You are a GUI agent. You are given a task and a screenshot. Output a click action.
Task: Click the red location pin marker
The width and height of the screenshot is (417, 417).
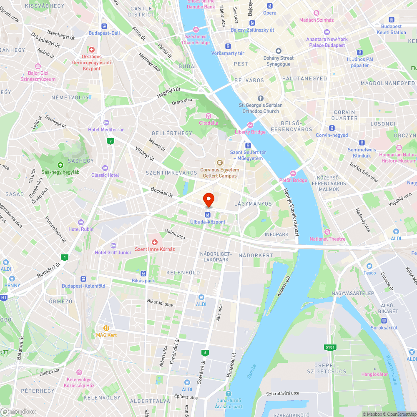[x=208, y=199]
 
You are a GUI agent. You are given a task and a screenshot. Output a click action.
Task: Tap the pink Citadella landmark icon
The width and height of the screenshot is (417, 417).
[x=208, y=116]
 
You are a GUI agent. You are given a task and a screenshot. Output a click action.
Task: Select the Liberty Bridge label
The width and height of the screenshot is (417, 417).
[x=250, y=132]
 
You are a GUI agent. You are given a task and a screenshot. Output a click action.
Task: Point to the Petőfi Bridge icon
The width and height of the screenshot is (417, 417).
[x=293, y=173]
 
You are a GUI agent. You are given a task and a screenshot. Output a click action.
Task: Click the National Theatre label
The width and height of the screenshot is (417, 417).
[x=327, y=239]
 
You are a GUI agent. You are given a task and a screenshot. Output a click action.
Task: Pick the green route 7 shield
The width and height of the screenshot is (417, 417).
[x=111, y=141]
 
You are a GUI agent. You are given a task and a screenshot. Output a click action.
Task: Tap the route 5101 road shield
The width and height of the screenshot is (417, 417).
[x=329, y=347]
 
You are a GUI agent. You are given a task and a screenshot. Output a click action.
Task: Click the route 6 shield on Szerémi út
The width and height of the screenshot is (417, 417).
[x=205, y=353]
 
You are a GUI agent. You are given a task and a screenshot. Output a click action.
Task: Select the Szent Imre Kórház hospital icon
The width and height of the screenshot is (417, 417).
[x=155, y=242]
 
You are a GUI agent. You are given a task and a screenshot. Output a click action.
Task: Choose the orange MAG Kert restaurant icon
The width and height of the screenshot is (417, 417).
[x=106, y=328]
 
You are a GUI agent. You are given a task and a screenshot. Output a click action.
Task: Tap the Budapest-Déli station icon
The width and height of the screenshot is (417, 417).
[x=104, y=26]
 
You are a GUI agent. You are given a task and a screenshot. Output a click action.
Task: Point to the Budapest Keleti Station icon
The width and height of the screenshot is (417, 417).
[x=391, y=19]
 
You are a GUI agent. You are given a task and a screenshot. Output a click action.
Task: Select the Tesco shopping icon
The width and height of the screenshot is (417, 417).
[x=369, y=266]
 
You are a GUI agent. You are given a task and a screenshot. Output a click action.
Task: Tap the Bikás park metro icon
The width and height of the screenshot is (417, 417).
[x=143, y=274]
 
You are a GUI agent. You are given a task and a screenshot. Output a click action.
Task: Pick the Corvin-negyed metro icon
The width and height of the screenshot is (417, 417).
[x=332, y=128]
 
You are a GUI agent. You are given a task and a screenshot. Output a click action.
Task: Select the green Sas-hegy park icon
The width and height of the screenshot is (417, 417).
[x=60, y=165]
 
